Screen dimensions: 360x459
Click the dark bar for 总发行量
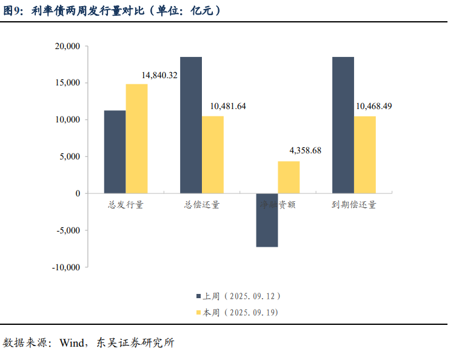click(115, 152)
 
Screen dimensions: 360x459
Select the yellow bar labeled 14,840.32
click(136, 139)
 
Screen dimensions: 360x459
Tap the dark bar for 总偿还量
click(191, 125)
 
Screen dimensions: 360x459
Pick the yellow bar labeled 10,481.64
click(213, 155)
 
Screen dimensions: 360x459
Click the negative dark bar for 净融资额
click(267, 220)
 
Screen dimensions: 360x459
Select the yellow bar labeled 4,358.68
click(289, 177)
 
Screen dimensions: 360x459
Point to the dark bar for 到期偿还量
click(343, 125)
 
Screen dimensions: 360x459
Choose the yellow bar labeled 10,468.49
click(365, 155)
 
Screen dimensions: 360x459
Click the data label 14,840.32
click(159, 75)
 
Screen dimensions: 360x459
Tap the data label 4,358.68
click(306, 150)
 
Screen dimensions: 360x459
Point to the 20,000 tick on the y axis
click(67, 46)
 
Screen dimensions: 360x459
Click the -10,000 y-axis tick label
click(65, 267)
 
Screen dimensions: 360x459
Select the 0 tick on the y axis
click(78, 193)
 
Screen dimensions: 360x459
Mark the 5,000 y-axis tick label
click(70, 156)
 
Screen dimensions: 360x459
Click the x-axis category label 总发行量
click(126, 205)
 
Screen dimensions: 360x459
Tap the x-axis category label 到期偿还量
click(354, 205)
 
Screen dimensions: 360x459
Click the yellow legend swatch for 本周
click(198, 313)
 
